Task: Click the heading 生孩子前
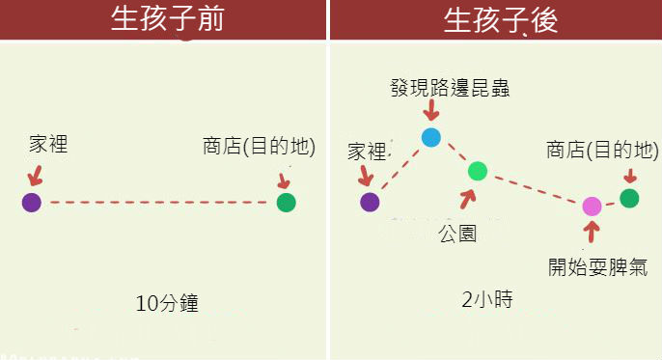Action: [167, 20]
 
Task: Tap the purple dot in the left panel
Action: [32, 202]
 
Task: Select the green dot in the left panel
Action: [286, 203]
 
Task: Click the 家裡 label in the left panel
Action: [48, 145]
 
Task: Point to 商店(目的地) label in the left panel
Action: [259, 146]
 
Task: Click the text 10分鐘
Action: [167, 303]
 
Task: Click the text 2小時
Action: [487, 300]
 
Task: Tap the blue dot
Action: [431, 137]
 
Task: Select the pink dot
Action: [593, 206]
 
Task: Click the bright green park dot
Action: [478, 172]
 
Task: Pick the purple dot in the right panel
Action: [370, 202]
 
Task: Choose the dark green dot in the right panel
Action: [629, 198]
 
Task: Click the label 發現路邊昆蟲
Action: [450, 89]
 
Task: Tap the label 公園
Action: [456, 233]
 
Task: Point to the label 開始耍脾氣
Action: [592, 265]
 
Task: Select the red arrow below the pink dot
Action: [593, 231]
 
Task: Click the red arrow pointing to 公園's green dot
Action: [469, 199]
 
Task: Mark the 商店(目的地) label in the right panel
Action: [602, 151]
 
